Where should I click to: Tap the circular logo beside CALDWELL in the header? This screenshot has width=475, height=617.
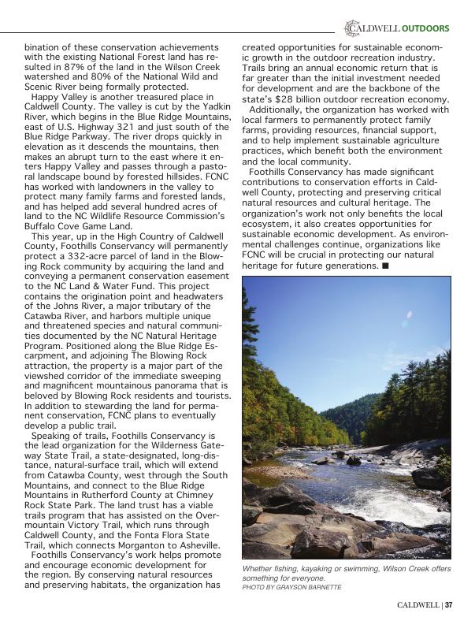[x=351, y=29]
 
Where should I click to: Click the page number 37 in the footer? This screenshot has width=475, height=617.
[x=448, y=605]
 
